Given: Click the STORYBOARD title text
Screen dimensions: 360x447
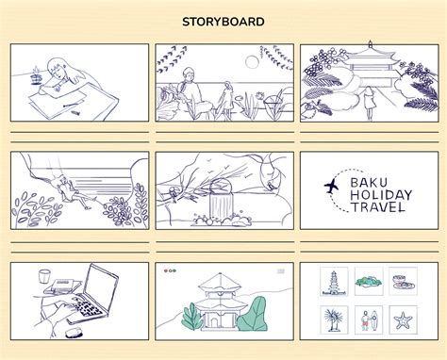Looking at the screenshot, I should point(223,22).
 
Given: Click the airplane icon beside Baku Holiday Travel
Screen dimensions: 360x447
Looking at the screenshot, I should point(332,188).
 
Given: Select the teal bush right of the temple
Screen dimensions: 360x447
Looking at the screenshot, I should point(250,316).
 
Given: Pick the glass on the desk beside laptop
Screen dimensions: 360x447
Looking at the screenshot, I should point(44,278).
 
